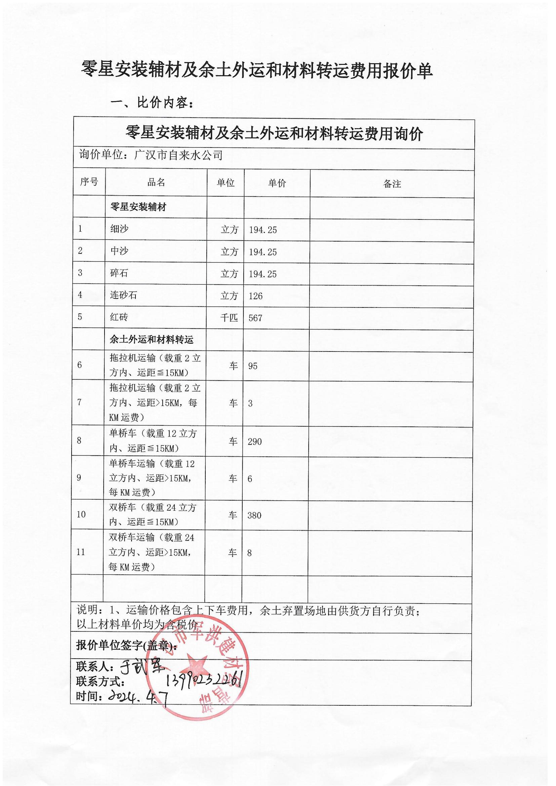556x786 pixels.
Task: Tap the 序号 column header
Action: (x=89, y=182)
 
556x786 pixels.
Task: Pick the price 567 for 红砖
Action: (x=255, y=318)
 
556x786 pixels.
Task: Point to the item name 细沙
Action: (x=119, y=229)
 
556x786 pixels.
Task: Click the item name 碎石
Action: (x=119, y=273)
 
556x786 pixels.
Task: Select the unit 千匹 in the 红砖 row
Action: (x=229, y=318)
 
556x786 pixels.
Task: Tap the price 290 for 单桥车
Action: (x=254, y=442)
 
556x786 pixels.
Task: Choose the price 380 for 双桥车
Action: (x=254, y=515)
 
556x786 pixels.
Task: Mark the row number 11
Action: (x=81, y=552)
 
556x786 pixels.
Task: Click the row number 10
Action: (x=81, y=514)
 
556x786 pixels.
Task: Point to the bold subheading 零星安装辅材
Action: (x=138, y=207)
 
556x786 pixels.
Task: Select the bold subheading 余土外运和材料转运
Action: (x=151, y=340)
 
